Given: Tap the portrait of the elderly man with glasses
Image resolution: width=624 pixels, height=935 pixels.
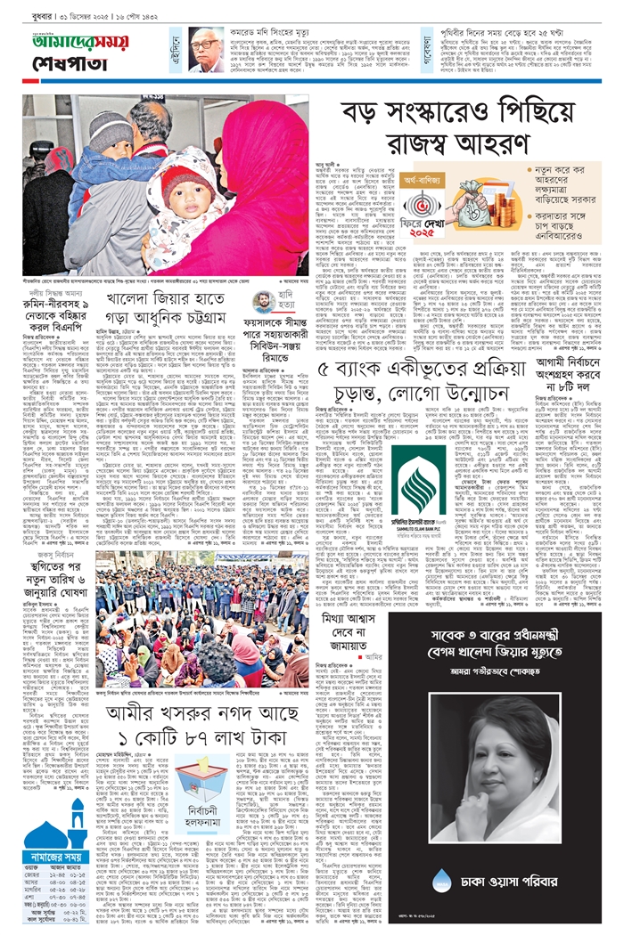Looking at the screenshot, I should point(207,48).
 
